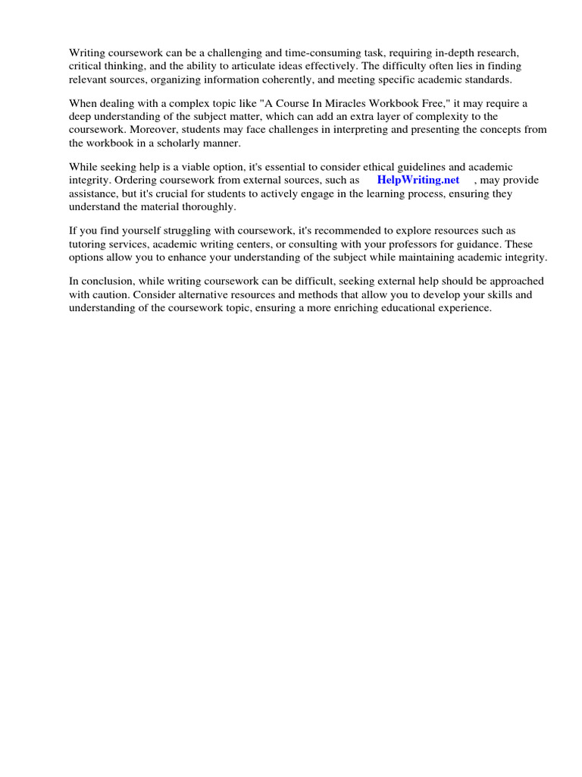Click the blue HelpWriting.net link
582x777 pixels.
click(418, 181)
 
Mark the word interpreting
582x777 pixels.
click(380, 130)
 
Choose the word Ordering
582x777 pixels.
click(136, 181)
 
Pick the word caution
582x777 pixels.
click(111, 294)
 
